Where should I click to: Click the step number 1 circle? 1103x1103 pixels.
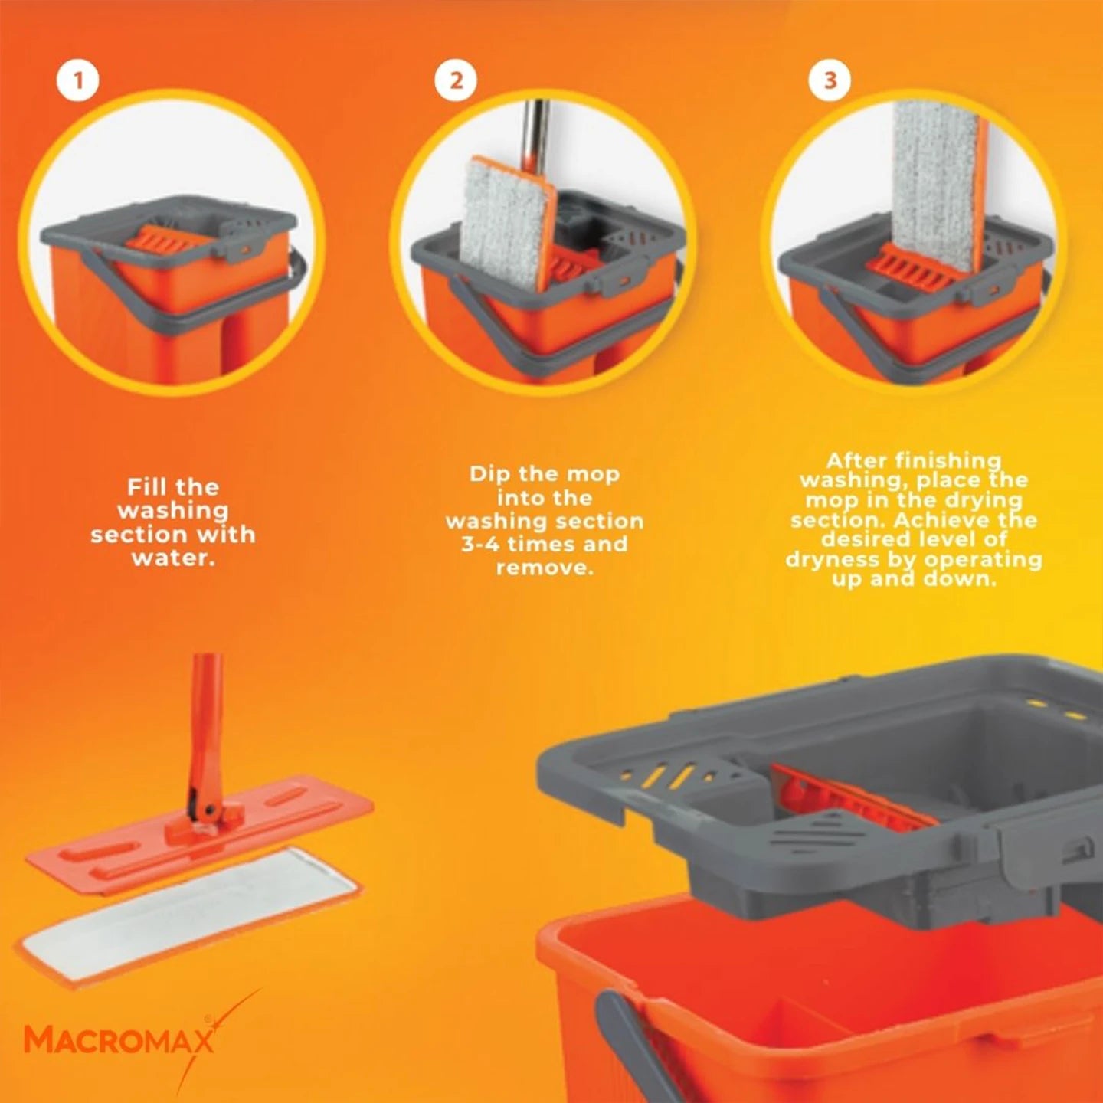[77, 80]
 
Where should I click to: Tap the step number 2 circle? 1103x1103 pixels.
[456, 80]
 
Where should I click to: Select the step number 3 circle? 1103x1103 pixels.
[830, 80]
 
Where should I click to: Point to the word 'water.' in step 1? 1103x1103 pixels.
[173, 558]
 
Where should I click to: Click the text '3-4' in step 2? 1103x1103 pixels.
[479, 545]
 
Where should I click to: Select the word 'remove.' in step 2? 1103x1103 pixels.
[545, 568]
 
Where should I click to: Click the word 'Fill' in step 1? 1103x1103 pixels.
[147, 487]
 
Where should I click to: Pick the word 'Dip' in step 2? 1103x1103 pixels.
[489, 474]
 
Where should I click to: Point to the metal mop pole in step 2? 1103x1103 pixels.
[536, 130]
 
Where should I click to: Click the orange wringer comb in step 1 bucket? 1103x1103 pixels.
[157, 242]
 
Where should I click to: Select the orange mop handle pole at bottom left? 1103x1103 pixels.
[206, 720]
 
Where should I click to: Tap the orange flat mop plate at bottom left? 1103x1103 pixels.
[199, 835]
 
